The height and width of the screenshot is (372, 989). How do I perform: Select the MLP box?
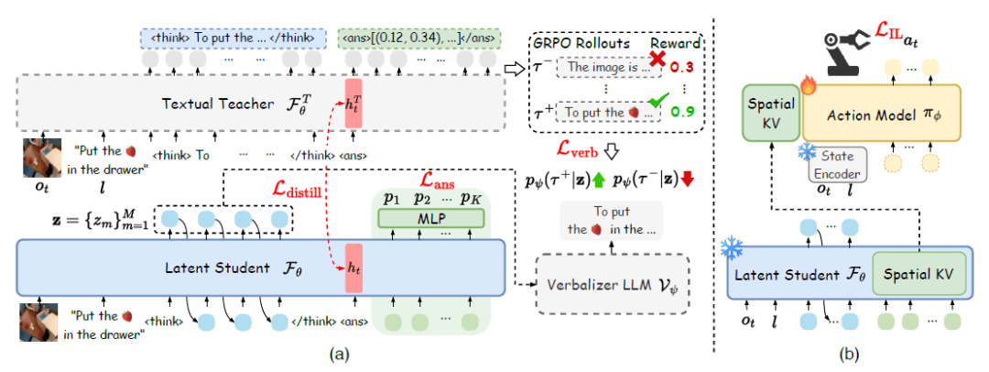(430, 218)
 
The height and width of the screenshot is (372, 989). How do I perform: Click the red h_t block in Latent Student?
(353, 268)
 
